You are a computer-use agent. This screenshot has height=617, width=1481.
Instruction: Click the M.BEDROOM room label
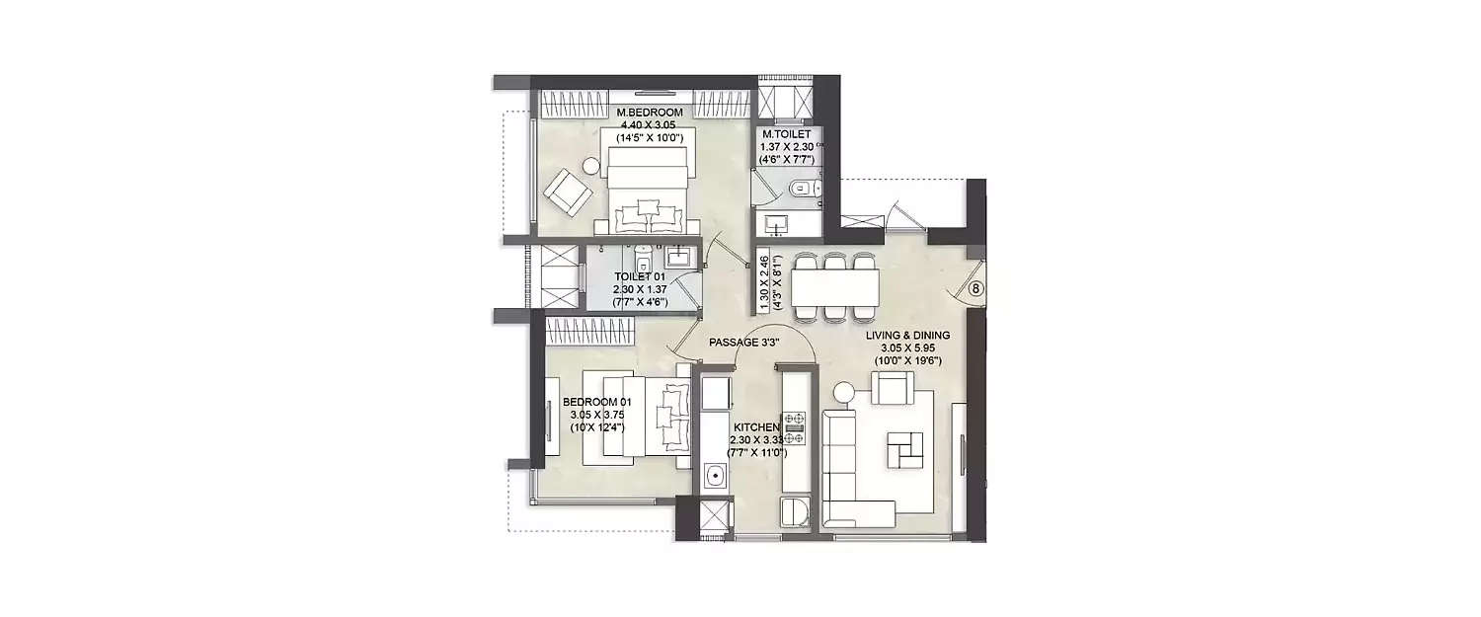(x=650, y=113)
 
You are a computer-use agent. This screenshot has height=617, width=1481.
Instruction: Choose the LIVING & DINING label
(x=907, y=336)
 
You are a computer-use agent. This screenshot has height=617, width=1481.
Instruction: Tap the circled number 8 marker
(x=974, y=289)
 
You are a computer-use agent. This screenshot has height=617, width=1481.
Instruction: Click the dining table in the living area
(x=835, y=287)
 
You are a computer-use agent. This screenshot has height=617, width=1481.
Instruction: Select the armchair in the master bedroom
(x=571, y=191)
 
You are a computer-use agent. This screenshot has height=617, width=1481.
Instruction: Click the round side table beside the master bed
(x=589, y=167)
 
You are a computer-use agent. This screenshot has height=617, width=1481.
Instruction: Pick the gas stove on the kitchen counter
(x=795, y=426)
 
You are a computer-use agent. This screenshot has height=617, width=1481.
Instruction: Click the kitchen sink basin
(x=716, y=480)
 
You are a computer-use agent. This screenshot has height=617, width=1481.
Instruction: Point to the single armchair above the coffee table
(x=889, y=387)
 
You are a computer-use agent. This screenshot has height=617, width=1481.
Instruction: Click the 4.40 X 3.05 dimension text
(x=650, y=125)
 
